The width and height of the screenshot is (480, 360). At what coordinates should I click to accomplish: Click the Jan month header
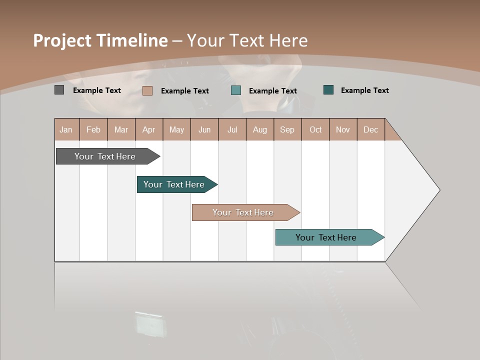(66, 129)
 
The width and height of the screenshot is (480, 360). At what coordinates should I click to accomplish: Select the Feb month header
(93, 129)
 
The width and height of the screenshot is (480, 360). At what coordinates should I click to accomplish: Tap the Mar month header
(121, 129)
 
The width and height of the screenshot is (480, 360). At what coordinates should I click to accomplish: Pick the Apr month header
(149, 129)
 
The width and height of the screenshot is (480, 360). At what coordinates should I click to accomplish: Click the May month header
(176, 129)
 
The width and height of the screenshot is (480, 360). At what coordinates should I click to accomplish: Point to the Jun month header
(204, 129)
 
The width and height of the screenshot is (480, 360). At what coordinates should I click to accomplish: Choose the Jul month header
(232, 129)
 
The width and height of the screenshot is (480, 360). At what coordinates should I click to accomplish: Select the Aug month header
(260, 129)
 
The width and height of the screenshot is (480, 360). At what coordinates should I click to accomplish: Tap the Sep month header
(287, 129)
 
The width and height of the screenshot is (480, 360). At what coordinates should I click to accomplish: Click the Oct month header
(315, 129)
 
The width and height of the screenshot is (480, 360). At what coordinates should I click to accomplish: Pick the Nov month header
(343, 129)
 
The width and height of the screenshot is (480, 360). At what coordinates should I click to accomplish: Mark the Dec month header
(371, 129)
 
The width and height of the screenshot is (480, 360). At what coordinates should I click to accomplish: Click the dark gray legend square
(59, 90)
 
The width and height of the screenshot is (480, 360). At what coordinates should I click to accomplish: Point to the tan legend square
(147, 90)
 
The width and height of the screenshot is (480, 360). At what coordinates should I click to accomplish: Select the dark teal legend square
(328, 90)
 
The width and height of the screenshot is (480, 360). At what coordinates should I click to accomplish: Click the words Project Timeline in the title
(100, 40)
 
